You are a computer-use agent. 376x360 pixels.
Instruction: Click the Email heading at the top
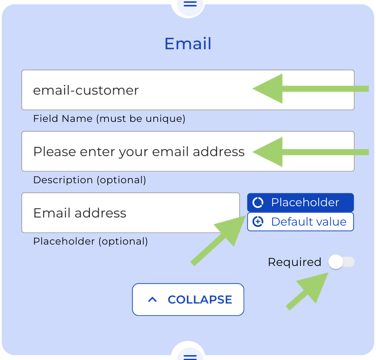(188, 44)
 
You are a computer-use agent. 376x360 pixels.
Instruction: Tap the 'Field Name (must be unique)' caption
(109, 119)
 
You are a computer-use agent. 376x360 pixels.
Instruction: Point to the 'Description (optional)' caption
(89, 180)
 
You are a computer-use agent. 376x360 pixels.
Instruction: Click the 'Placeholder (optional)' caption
(90, 241)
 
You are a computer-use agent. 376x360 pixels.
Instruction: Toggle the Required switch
(341, 262)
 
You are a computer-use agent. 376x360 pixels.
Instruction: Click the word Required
(294, 262)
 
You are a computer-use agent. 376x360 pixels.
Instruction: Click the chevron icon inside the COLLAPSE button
(152, 299)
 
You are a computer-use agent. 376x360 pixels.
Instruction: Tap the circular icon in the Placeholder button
(258, 202)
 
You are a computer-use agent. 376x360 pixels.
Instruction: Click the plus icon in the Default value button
(258, 222)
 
